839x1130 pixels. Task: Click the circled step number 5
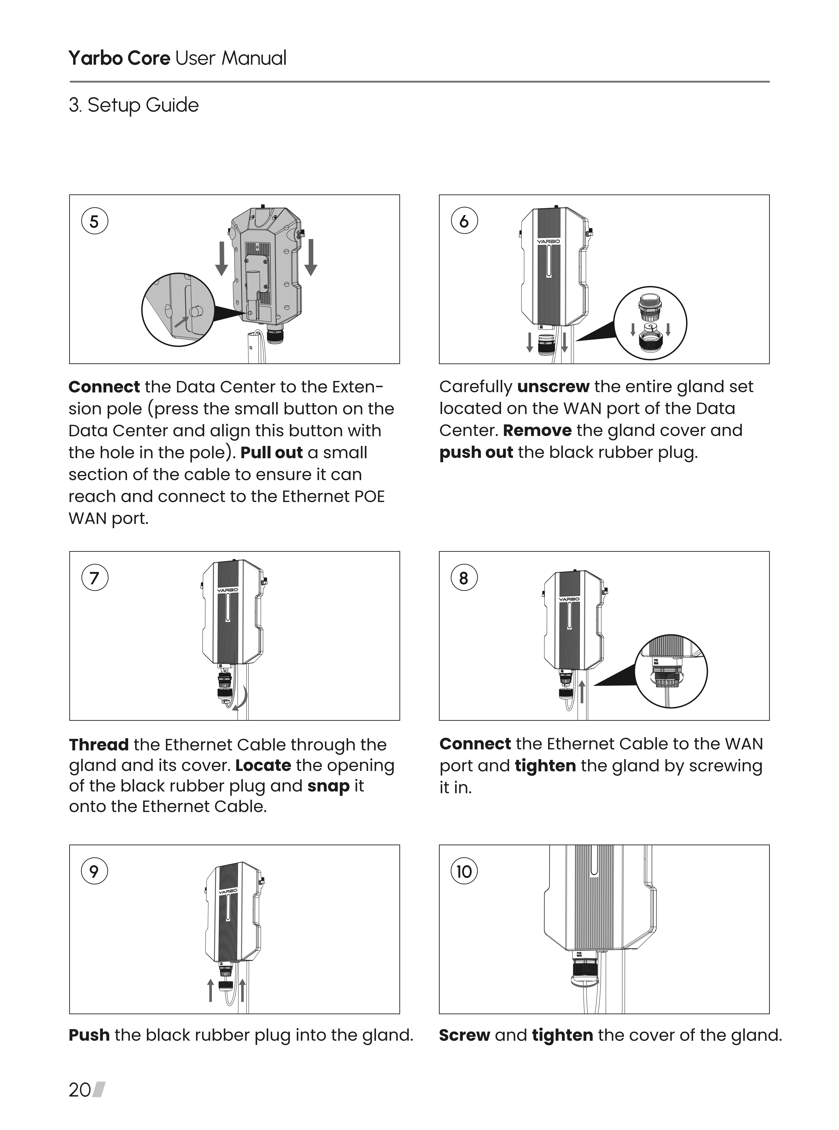click(94, 222)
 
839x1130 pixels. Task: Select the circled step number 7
click(94, 578)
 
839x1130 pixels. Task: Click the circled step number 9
click(94, 872)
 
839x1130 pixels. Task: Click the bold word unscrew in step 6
click(553, 387)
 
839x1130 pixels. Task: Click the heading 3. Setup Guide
click(134, 105)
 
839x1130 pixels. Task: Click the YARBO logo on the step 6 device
click(548, 242)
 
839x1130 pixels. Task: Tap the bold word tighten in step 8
click(545, 765)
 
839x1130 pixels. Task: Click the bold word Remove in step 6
click(537, 430)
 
